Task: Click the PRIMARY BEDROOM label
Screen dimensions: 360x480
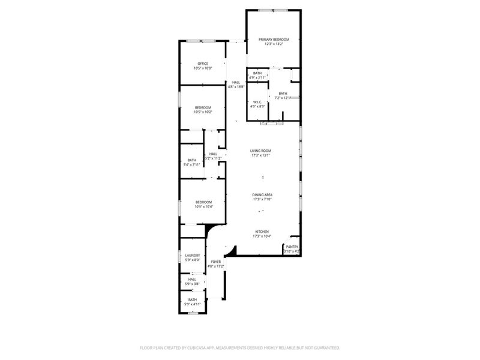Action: [x=274, y=40]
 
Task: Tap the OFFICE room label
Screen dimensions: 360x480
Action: [x=203, y=64]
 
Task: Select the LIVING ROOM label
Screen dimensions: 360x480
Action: [x=261, y=151]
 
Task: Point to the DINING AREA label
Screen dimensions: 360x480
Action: [x=262, y=195]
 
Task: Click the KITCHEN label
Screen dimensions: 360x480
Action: [x=262, y=232]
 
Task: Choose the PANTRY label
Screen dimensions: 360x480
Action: [x=292, y=247]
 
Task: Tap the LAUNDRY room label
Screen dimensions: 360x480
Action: [x=193, y=256]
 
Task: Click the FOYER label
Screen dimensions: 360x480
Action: [x=215, y=262]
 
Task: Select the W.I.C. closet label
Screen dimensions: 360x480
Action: [x=257, y=102]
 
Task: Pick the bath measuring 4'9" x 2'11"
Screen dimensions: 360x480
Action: [x=257, y=77]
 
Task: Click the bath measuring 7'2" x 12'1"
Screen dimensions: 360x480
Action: [x=283, y=98]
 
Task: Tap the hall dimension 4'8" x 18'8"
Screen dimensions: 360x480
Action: [x=236, y=86]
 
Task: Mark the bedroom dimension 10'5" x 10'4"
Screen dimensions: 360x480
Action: [x=203, y=207]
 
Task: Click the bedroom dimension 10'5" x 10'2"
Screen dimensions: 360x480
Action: [x=203, y=112]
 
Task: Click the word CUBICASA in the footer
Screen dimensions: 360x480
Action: [x=208, y=348]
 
